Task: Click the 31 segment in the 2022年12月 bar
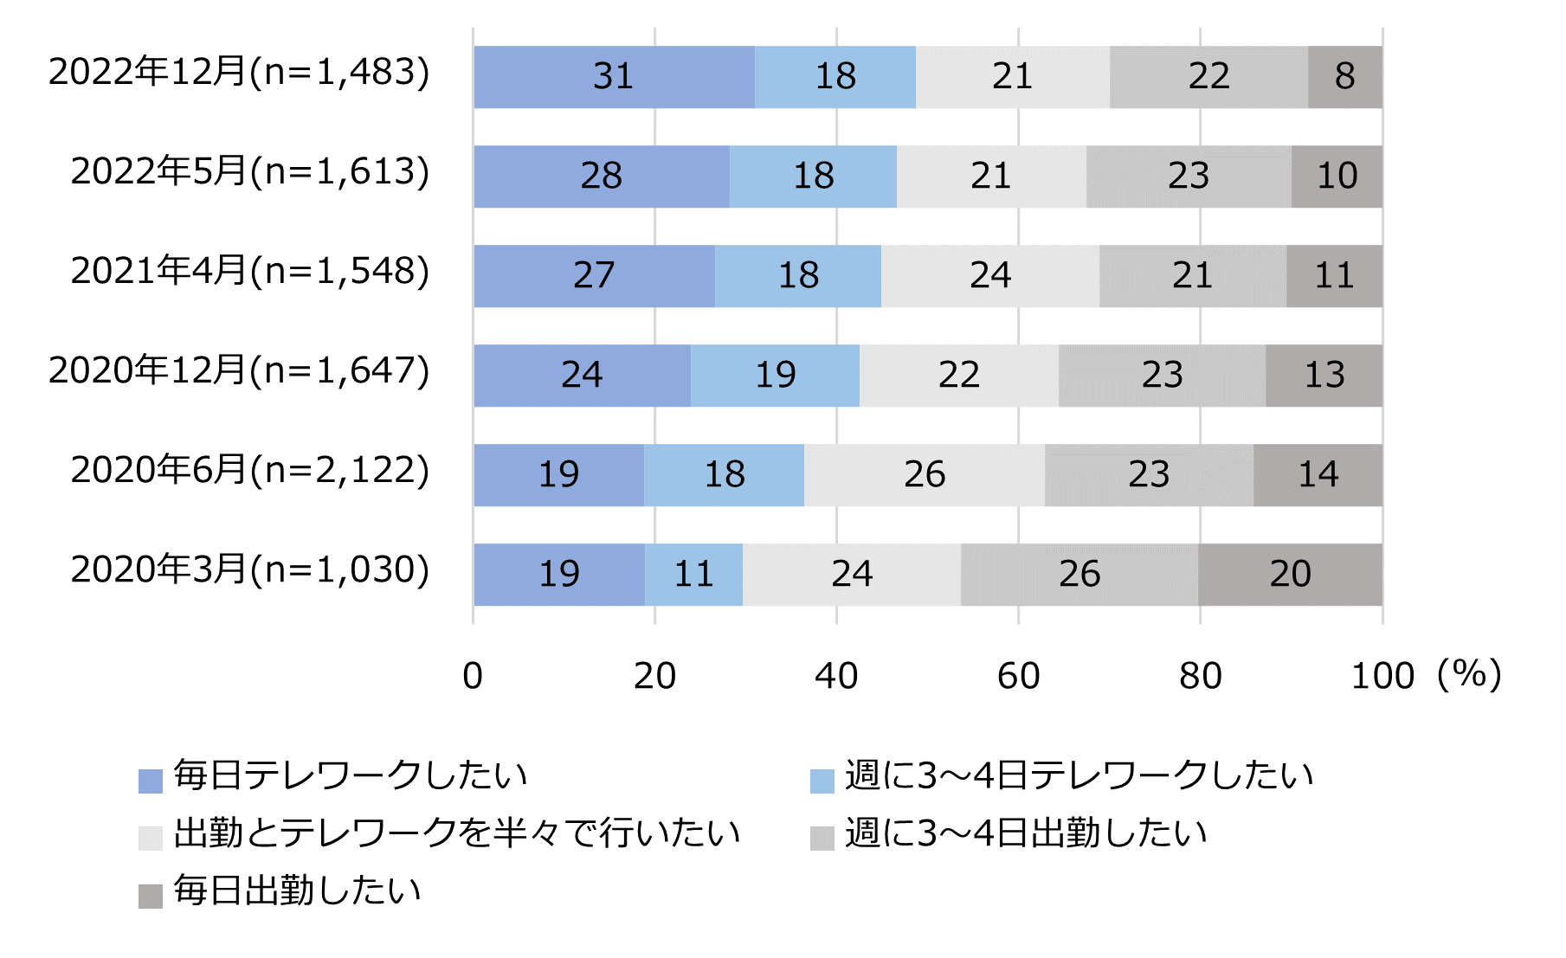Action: (614, 77)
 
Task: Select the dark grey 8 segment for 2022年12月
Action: (1344, 77)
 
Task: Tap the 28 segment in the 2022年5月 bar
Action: (601, 177)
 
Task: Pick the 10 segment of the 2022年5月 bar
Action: (1337, 177)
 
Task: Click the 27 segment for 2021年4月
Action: (594, 276)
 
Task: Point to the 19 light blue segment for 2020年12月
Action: (775, 376)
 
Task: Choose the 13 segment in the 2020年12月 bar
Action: (1324, 376)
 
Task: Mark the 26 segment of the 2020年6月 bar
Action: (924, 475)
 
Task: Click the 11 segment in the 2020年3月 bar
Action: (693, 575)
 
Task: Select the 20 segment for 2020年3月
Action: (1290, 575)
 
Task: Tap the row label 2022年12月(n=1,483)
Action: (239, 73)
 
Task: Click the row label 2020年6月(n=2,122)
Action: (250, 471)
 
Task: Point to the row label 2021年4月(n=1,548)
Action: (250, 272)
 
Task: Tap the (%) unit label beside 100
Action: (1468, 675)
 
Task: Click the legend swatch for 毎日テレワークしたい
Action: (151, 781)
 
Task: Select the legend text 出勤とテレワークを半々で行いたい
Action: (457, 833)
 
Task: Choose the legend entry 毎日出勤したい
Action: (297, 891)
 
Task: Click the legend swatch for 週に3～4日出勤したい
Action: (822, 838)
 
